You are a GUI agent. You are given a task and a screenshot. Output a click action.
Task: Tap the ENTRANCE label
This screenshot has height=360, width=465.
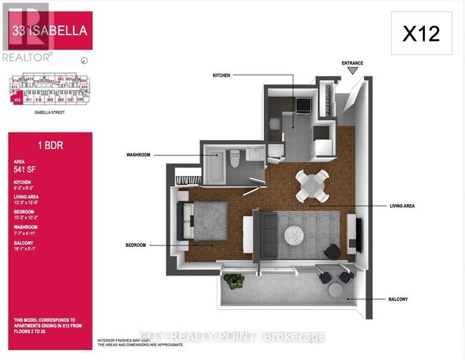click(352, 63)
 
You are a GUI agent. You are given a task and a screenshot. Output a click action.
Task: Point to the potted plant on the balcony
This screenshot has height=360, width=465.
click(234, 281)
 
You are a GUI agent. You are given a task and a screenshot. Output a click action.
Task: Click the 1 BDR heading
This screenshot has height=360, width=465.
click(29, 143)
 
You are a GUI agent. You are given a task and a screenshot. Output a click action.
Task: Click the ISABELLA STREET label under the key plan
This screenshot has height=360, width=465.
click(44, 112)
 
